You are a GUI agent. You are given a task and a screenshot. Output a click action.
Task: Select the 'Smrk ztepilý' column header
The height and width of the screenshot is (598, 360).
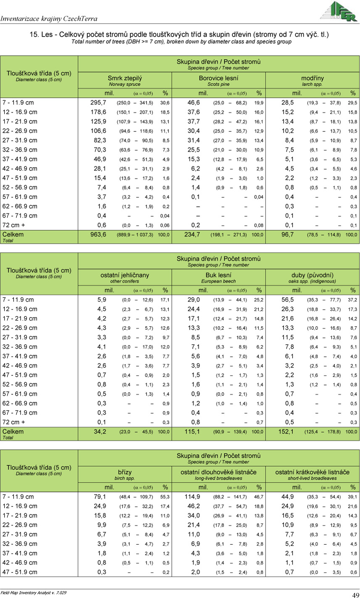tap(125, 78)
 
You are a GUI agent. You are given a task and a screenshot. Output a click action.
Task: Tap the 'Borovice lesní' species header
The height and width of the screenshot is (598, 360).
tap(218, 78)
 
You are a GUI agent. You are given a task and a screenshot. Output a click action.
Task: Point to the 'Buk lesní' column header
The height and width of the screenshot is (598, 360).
tap(218, 275)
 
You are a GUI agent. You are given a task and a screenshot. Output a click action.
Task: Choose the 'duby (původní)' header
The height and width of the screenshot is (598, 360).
tap(312, 275)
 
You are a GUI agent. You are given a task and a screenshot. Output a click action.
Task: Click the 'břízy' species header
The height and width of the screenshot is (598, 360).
tap(125, 472)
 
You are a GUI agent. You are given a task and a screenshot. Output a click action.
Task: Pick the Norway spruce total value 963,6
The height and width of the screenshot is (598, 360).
tap(98, 235)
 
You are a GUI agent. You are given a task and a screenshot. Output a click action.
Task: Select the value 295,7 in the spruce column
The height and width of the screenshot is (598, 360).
tap(98, 102)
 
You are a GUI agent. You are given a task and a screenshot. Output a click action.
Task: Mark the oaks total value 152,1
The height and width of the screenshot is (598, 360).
tap(286, 432)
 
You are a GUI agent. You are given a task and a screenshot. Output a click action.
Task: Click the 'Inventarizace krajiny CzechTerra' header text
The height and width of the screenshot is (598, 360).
tap(49, 18)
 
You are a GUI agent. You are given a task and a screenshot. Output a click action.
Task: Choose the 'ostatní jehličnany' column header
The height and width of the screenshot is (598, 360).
tap(125, 275)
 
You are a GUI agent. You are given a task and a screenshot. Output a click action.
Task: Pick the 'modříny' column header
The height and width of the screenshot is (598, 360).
tap(312, 78)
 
